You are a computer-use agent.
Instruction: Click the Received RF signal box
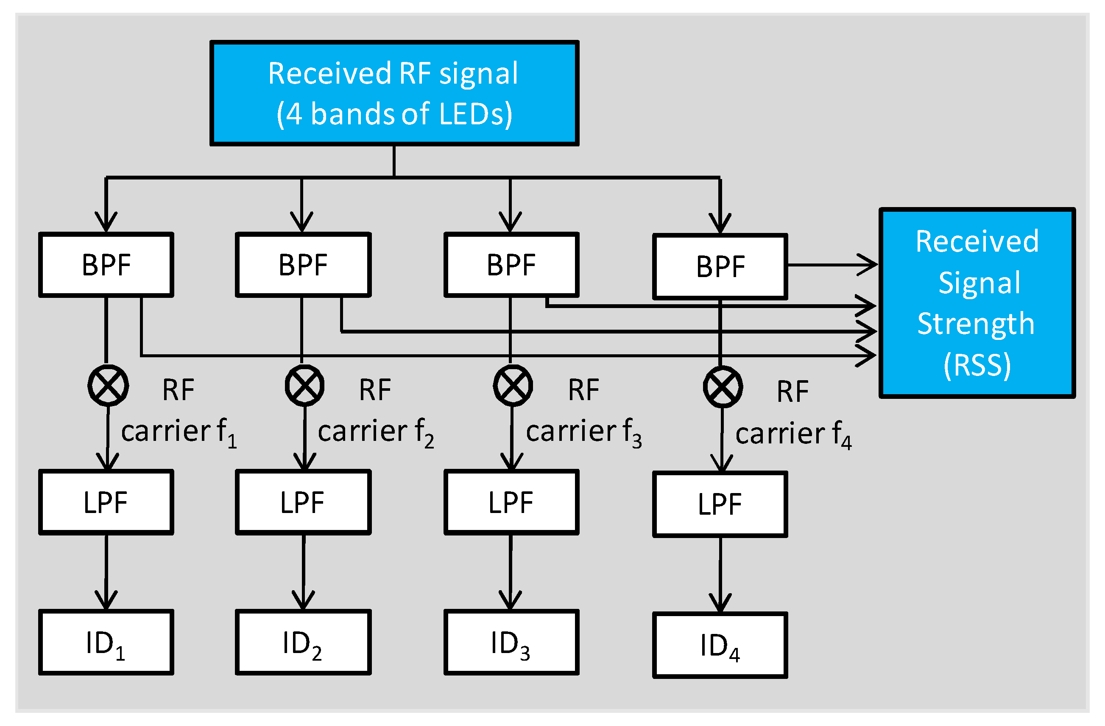point(394,93)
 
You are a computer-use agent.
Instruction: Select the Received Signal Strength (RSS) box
point(977,303)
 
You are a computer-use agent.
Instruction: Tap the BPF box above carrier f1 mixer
point(106,265)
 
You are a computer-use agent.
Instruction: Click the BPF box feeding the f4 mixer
point(720,266)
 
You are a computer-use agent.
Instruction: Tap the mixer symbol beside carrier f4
point(723,387)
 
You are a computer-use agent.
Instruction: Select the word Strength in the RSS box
point(976,324)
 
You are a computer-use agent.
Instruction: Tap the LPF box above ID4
point(720,505)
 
